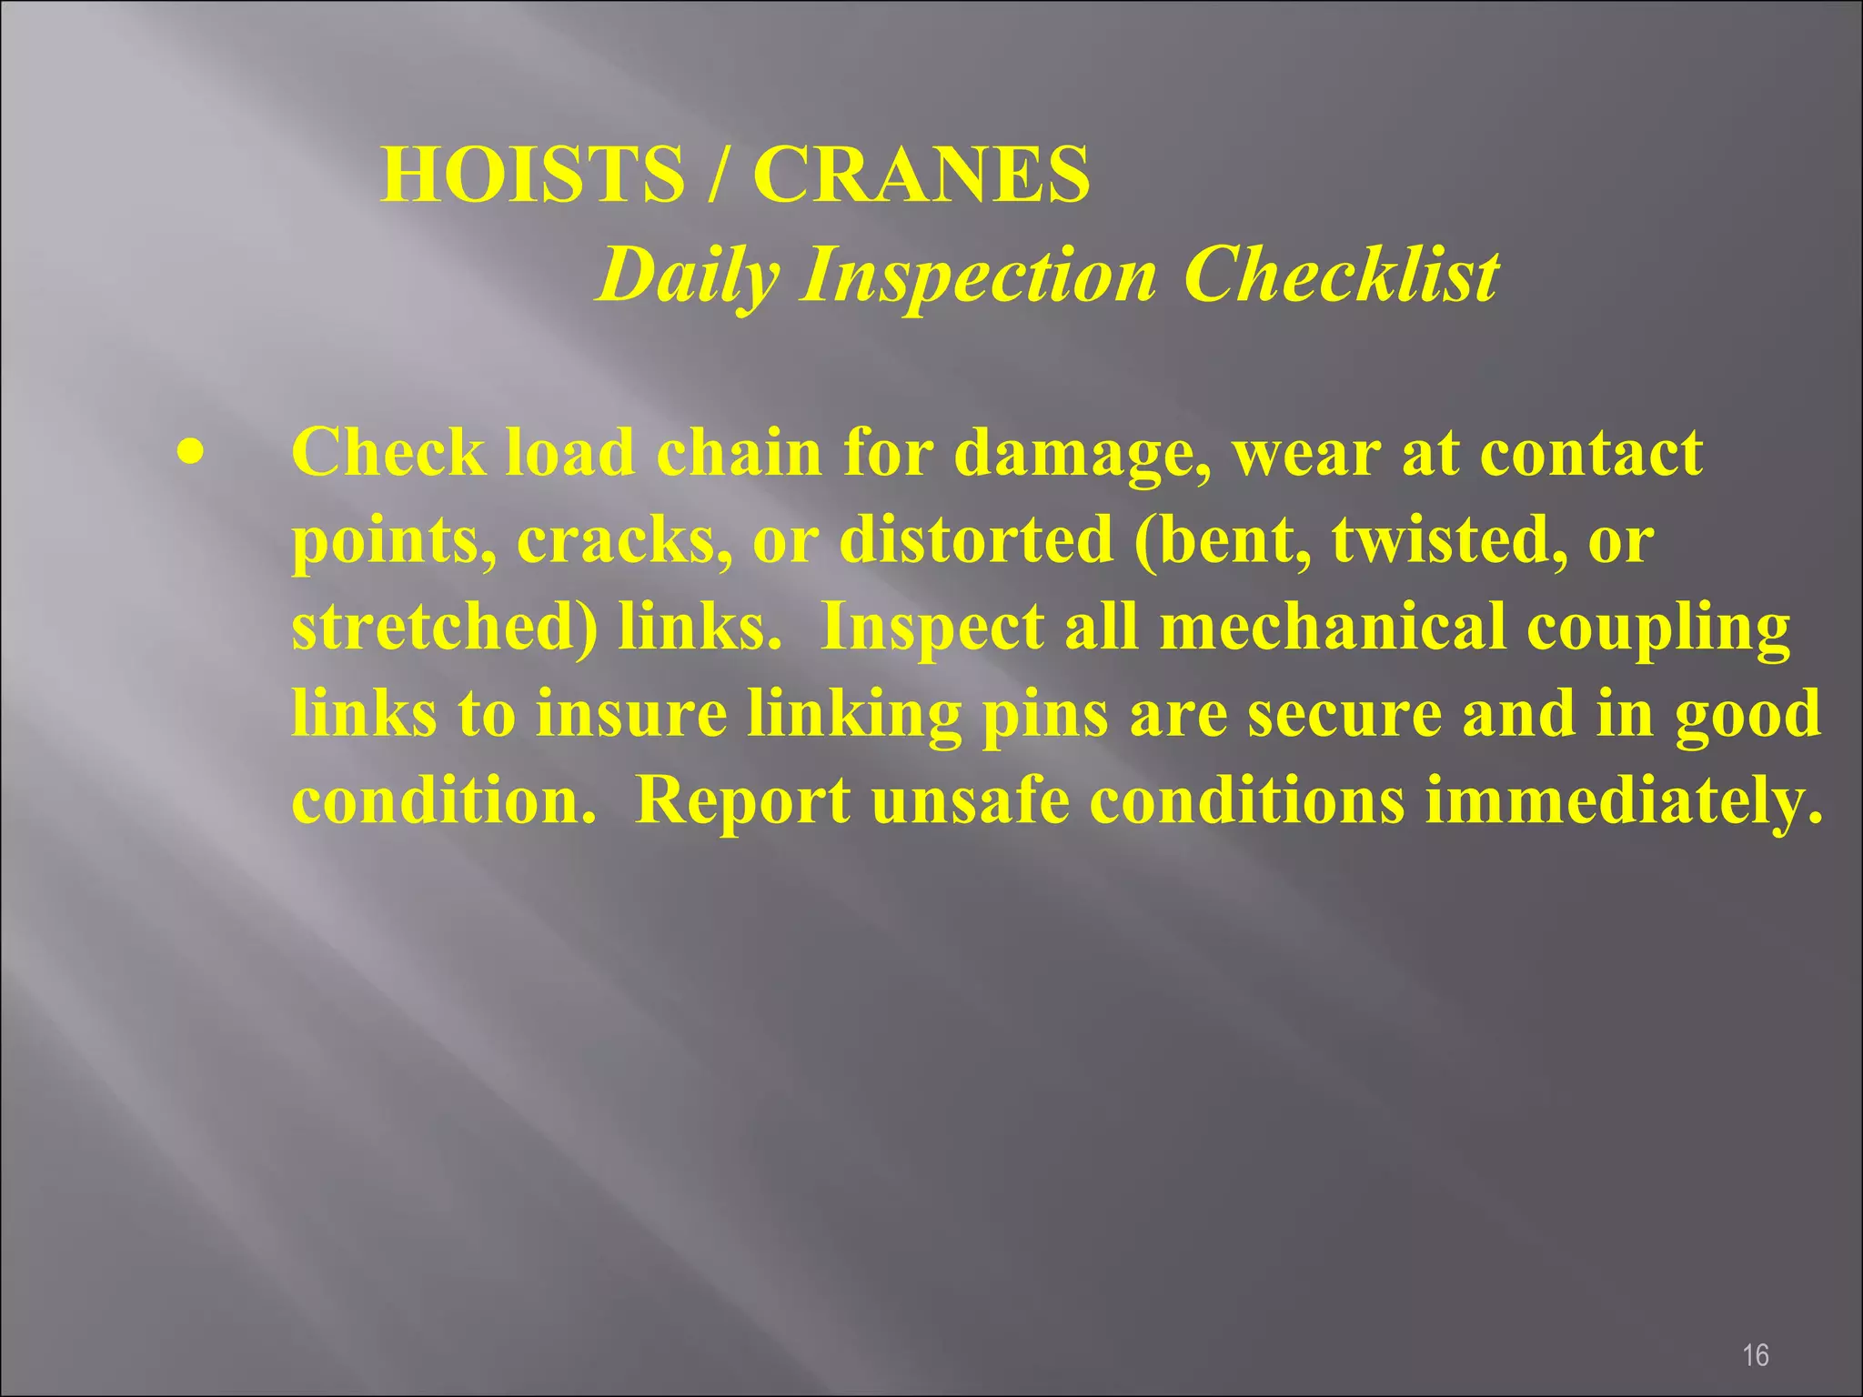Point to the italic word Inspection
coord(979,275)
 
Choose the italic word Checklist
coord(1341,275)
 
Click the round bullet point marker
coord(190,451)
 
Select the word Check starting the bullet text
coord(388,452)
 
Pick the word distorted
coord(975,539)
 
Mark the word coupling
coord(1658,628)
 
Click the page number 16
coord(1755,1330)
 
